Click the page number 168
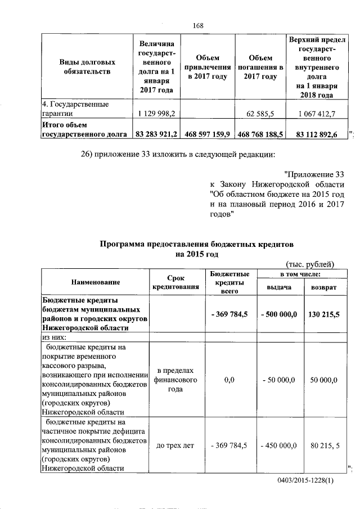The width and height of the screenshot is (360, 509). pyautogui.click(x=197, y=25)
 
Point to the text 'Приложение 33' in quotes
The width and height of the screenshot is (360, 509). pyautogui.click(x=313, y=174)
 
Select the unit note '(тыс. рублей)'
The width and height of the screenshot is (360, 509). pyautogui.click(x=310, y=264)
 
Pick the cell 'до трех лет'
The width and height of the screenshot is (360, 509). pyautogui.click(x=175, y=445)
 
